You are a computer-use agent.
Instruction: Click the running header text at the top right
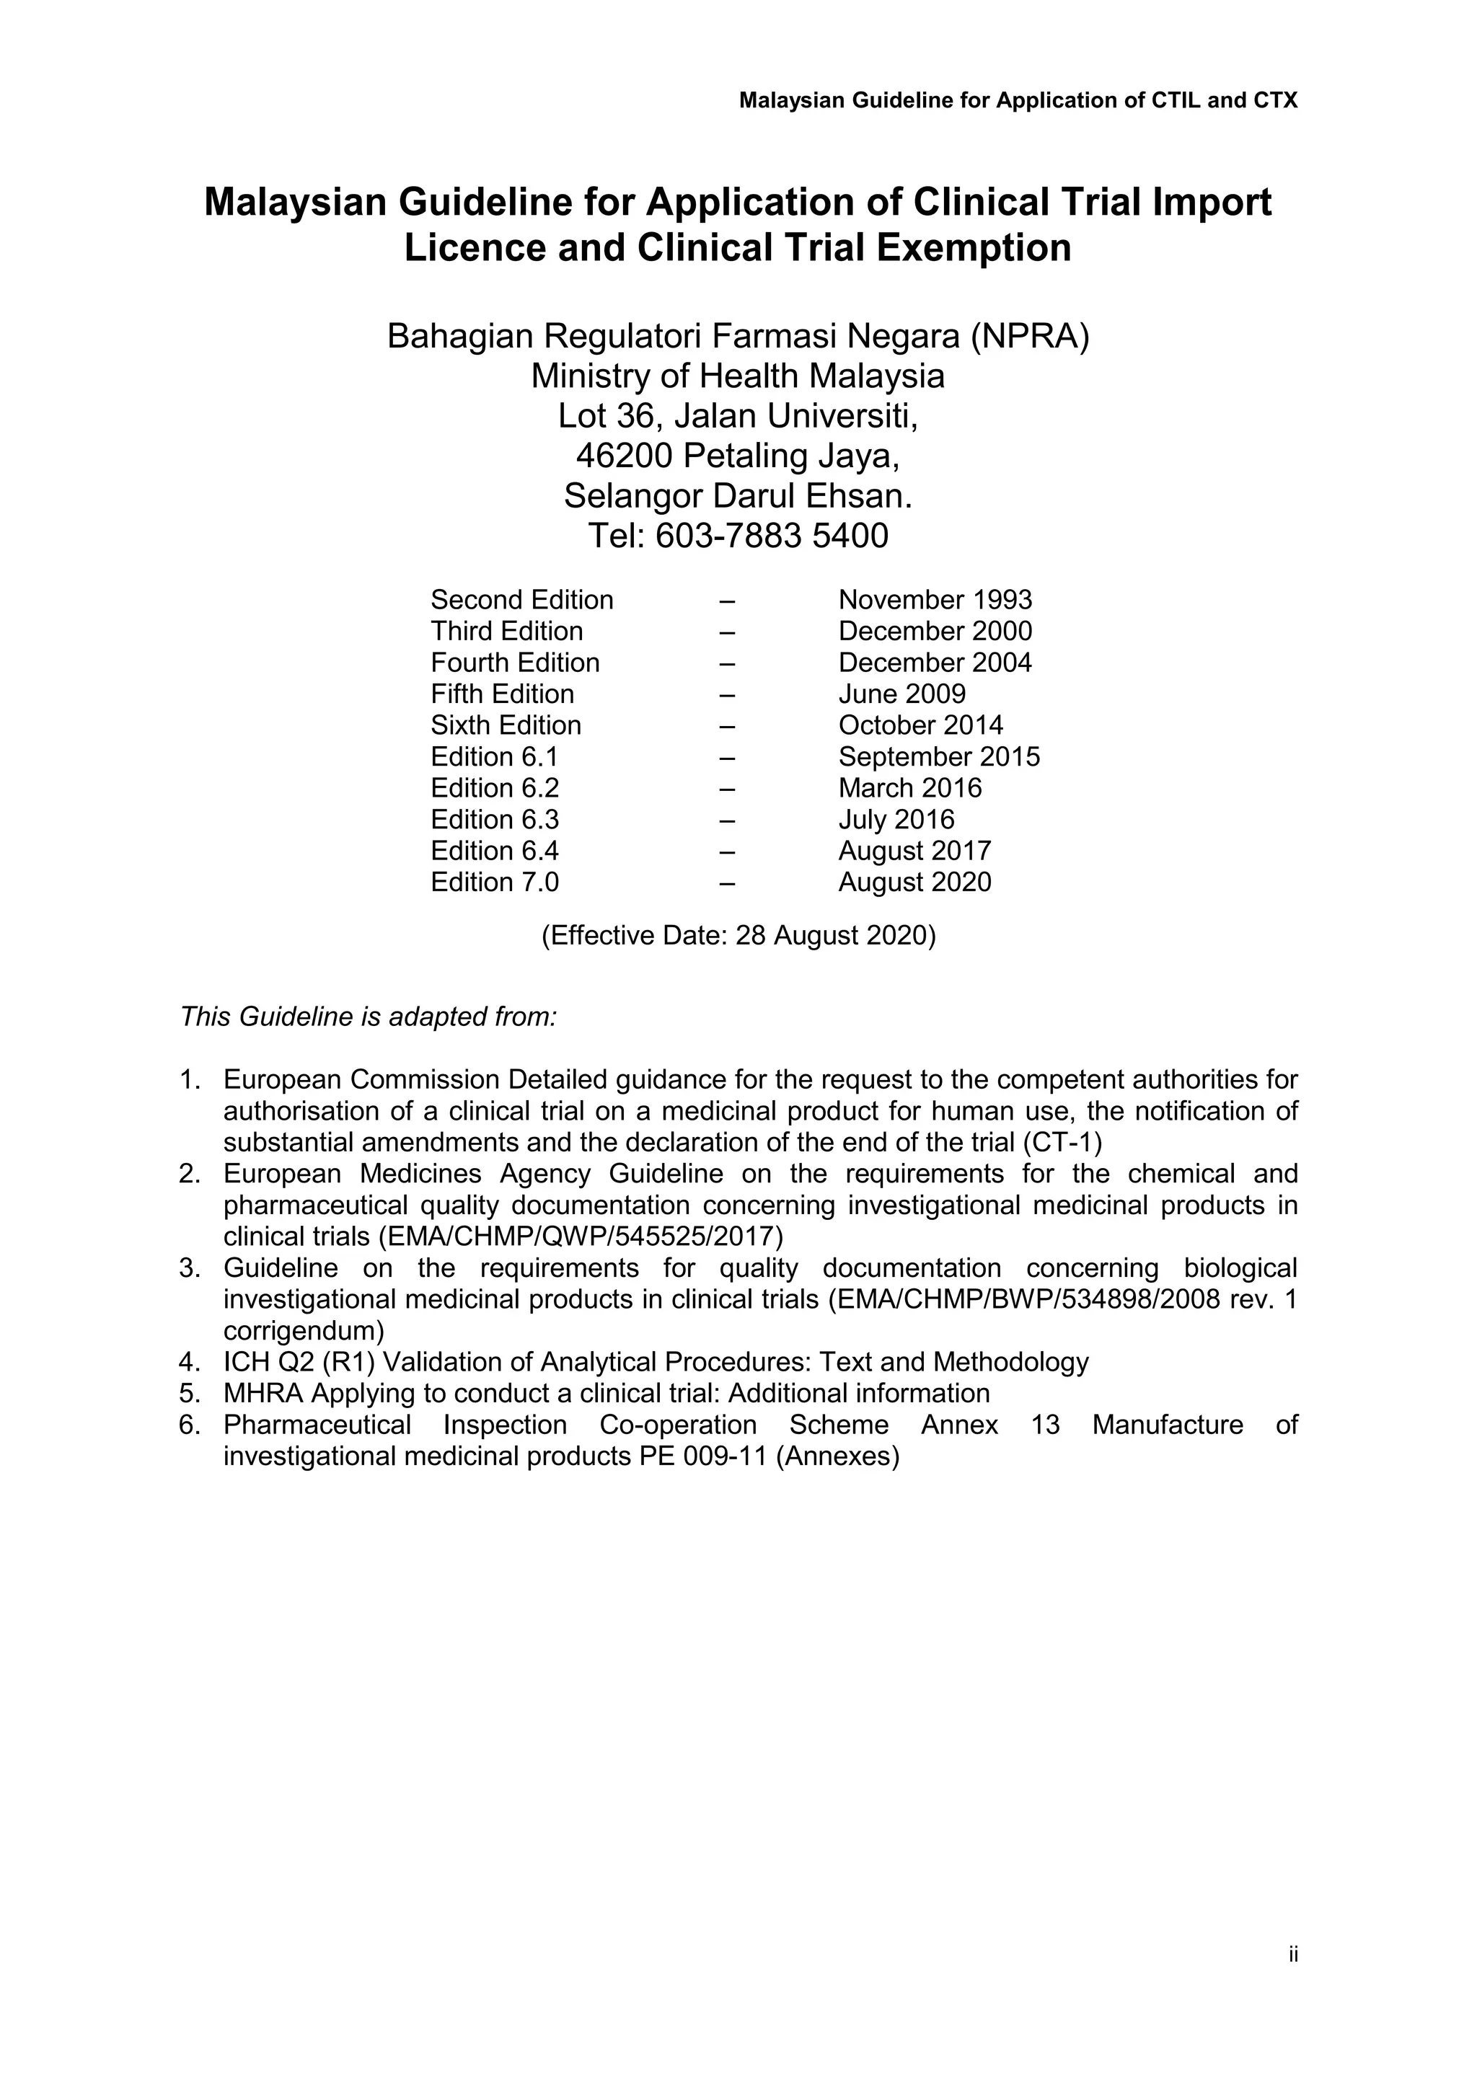tap(1018, 100)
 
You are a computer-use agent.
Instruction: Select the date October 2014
tap(920, 726)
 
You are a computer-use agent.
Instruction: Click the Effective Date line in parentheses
tap(738, 936)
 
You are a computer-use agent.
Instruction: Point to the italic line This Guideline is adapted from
tap(369, 1017)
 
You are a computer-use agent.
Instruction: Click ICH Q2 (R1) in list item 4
tap(299, 1362)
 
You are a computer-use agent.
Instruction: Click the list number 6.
tap(188, 1425)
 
